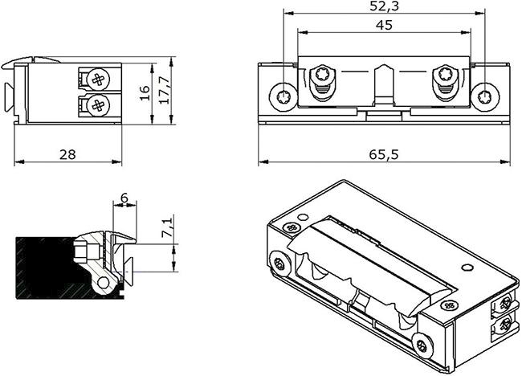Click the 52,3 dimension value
click(384, 6)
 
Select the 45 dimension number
click(384, 26)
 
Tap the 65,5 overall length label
click(384, 154)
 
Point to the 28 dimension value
click(67, 154)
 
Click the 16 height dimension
click(145, 93)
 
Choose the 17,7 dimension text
click(164, 90)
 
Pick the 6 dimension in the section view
click(124, 198)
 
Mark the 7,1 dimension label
click(168, 227)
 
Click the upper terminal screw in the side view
click(98, 80)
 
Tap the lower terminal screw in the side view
click(98, 105)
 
